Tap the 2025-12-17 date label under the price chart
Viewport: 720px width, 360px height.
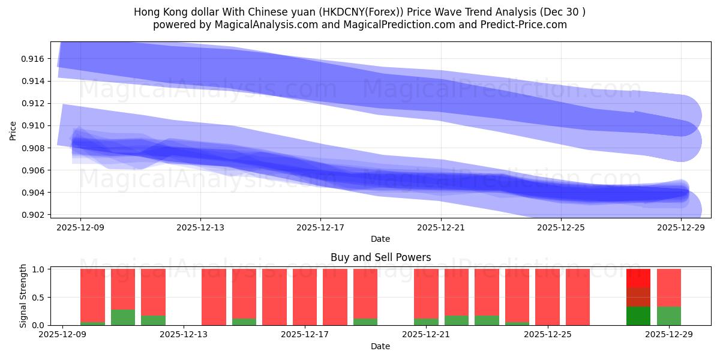tap(320, 227)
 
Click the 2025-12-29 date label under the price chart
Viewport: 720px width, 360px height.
tap(681, 227)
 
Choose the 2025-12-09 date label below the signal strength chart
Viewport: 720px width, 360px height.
tap(62, 335)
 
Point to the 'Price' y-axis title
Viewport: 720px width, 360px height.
tap(13, 130)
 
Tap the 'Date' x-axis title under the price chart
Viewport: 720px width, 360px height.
tap(380, 239)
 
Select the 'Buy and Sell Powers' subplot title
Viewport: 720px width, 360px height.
tap(380, 257)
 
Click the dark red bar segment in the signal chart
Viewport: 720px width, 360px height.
tap(638, 297)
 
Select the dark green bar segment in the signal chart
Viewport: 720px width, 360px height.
tap(638, 316)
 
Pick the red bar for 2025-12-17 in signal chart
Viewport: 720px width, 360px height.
tap(305, 297)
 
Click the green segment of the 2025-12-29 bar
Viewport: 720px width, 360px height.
tap(668, 316)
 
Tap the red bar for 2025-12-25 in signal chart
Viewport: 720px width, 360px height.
tap(547, 297)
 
